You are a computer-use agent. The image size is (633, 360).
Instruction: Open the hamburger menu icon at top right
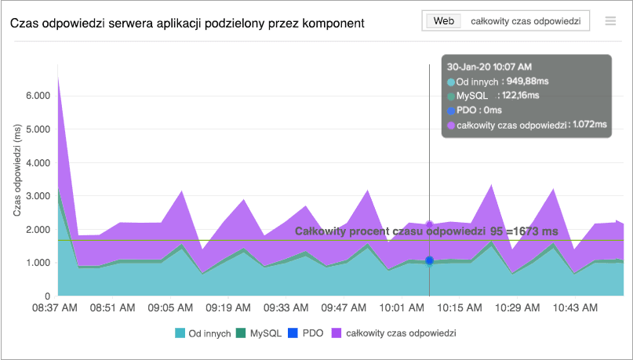click(610, 21)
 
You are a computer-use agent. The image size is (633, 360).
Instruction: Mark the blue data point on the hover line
click(429, 260)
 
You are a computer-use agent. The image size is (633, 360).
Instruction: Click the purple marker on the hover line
click(429, 226)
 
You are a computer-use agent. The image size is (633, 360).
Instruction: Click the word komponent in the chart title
click(332, 23)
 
